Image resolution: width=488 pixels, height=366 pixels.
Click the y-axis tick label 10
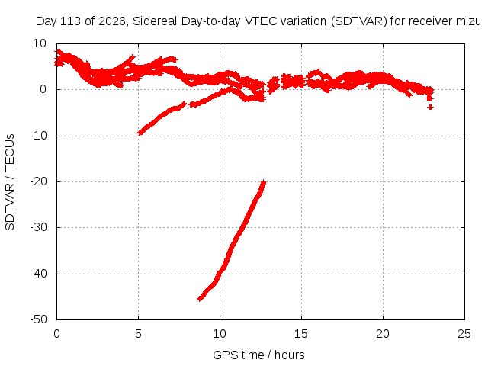[40, 43]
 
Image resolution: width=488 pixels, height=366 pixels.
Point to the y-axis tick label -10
[38, 136]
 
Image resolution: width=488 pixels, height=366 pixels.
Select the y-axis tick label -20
[38, 181]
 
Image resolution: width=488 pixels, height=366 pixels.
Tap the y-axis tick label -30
[38, 227]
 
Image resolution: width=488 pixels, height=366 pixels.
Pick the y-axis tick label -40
[38, 274]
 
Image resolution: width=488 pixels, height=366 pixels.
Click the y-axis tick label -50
[38, 319]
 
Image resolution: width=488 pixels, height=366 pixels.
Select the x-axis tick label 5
[138, 334]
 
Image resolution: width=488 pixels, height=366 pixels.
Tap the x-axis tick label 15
[301, 334]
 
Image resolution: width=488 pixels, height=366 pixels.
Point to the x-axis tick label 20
[383, 334]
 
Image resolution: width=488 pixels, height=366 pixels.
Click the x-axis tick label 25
[464, 334]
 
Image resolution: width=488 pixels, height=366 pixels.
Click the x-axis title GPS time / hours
[258, 355]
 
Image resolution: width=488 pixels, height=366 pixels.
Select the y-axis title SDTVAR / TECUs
[10, 182]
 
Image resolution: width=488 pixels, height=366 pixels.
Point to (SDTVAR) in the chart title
[358, 21]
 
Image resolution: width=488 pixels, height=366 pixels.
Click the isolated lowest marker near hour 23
[430, 107]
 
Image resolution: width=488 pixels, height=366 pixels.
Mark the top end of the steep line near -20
[264, 182]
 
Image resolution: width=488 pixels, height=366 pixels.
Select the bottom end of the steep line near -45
[200, 299]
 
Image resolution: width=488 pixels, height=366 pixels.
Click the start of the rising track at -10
[140, 133]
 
